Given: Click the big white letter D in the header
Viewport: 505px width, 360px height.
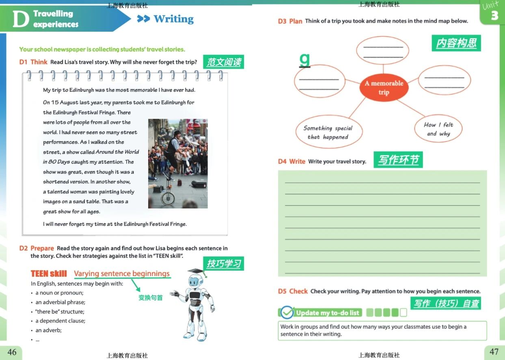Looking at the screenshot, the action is pyautogui.click(x=21, y=19).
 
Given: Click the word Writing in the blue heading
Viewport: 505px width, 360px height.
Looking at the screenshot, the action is pyautogui.click(x=174, y=19).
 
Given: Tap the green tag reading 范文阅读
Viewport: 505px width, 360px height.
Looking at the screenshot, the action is pyautogui.click(x=223, y=62).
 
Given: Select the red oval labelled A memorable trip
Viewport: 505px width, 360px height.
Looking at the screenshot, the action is pyautogui.click(x=384, y=88).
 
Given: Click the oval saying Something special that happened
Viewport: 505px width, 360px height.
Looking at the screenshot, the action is pyautogui.click(x=329, y=132).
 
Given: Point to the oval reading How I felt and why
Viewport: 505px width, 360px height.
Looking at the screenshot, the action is pyautogui.click(x=438, y=129).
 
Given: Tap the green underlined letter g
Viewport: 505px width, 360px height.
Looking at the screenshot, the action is pyautogui.click(x=304, y=60).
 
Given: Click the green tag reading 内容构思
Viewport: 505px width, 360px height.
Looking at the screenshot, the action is pyautogui.click(x=456, y=43).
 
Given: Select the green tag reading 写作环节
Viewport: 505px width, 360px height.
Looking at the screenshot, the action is pyautogui.click(x=398, y=160).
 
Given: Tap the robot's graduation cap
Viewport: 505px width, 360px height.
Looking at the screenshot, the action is pyautogui.click(x=196, y=271).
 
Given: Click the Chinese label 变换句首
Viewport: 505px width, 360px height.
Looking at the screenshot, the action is pyautogui.click(x=150, y=298).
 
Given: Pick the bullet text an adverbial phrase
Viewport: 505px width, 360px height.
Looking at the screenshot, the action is pyautogui.click(x=60, y=302).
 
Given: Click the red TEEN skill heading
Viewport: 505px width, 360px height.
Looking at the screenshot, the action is pyautogui.click(x=49, y=273).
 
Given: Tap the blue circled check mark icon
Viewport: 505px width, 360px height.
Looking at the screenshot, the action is pyautogui.click(x=287, y=312).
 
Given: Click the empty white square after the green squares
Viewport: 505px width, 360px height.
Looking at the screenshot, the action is pyautogui.click(x=404, y=312).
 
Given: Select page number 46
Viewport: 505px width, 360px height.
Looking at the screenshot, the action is pyautogui.click(x=12, y=352).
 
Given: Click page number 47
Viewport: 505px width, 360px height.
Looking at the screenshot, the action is pyautogui.click(x=494, y=351).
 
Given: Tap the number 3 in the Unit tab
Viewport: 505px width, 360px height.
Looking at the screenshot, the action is pyautogui.click(x=494, y=16).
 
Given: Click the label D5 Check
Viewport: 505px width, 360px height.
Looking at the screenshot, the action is pyautogui.click(x=293, y=291).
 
